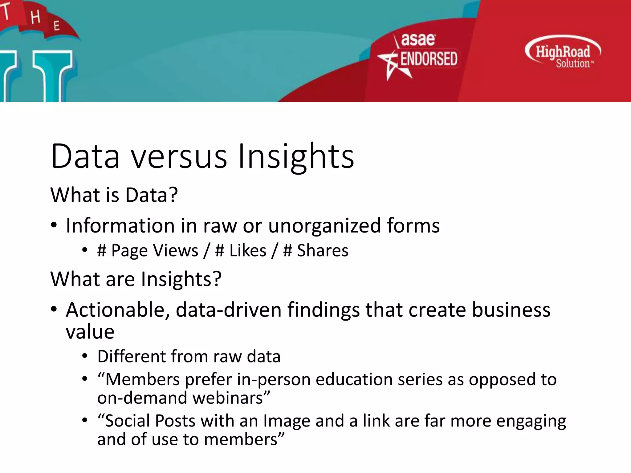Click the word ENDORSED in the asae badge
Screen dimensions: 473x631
tap(429, 59)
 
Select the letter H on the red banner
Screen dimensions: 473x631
tap(35, 17)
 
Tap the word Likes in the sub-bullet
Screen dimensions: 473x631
tap(248, 250)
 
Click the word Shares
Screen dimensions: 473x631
tap(322, 250)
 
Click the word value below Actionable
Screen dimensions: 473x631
tap(90, 332)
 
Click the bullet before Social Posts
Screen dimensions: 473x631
tap(85, 420)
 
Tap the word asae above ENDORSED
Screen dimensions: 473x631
tap(418, 39)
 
